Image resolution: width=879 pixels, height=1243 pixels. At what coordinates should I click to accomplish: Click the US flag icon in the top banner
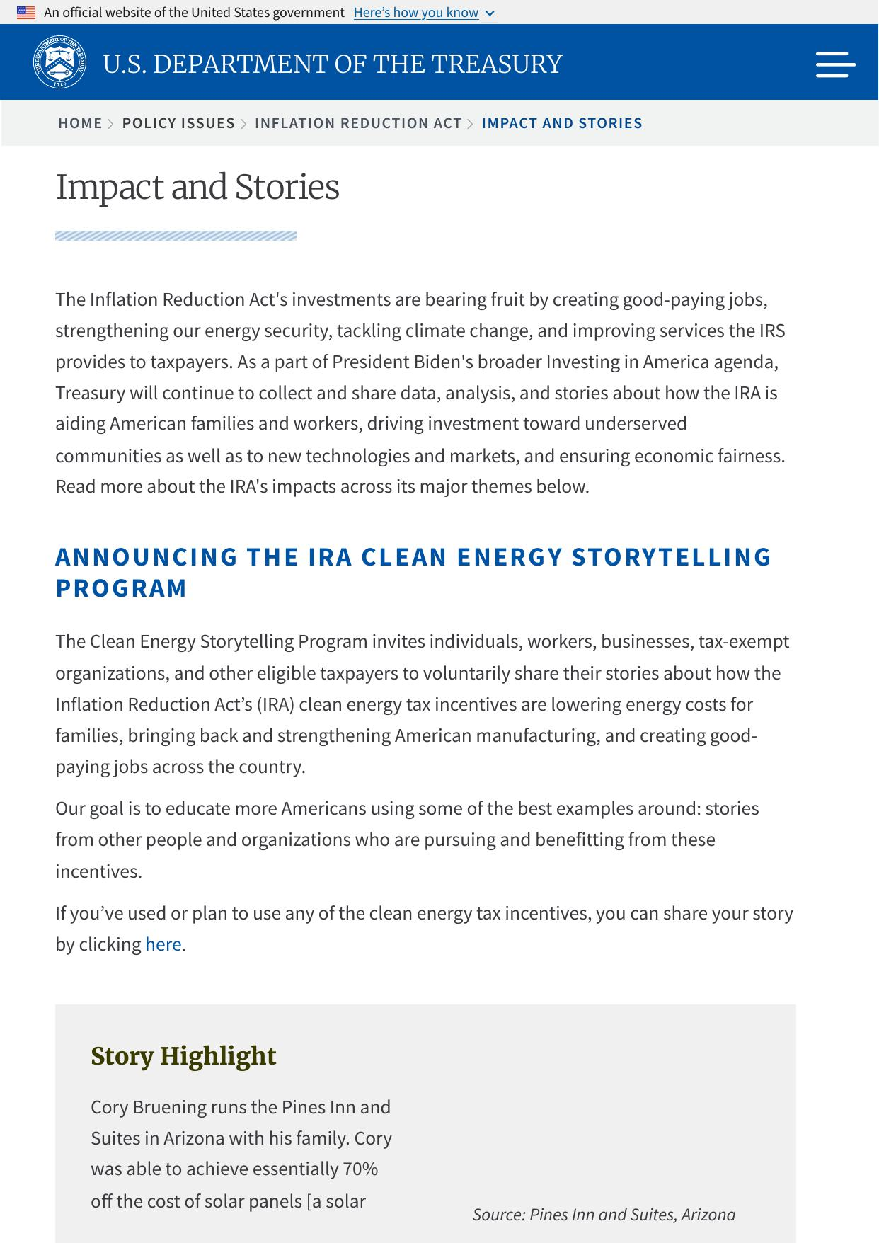[x=26, y=13]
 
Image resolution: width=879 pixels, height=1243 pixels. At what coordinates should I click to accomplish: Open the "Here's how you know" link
[x=416, y=13]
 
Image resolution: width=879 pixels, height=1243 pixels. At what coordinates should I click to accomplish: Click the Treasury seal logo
[x=60, y=62]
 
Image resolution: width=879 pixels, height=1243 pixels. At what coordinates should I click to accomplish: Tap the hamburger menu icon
[x=835, y=64]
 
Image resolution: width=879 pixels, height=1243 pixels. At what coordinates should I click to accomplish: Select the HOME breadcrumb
[x=80, y=123]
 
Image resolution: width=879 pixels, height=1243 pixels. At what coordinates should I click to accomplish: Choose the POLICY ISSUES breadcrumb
[x=178, y=123]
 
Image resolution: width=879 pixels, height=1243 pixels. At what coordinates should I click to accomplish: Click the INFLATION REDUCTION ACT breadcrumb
[x=358, y=123]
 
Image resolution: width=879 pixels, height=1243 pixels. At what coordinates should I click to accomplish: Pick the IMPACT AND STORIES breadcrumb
[x=562, y=123]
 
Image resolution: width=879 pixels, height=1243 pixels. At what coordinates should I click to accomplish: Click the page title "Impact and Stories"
[x=197, y=187]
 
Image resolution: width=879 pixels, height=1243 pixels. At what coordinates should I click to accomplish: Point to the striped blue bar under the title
[x=176, y=236]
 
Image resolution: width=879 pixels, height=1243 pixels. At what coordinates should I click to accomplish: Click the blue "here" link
[x=163, y=944]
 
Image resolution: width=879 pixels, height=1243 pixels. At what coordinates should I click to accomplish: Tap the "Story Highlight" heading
[x=183, y=1055]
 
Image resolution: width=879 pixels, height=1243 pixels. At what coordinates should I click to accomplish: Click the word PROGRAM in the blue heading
[x=121, y=588]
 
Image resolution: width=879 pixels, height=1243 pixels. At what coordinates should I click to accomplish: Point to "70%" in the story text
[x=360, y=1169]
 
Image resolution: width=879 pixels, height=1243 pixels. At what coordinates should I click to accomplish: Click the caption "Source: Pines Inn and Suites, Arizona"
[x=604, y=1215]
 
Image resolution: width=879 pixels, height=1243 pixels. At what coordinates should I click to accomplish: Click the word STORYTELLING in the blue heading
[x=671, y=557]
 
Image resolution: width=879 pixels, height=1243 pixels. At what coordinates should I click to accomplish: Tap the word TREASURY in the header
[x=496, y=64]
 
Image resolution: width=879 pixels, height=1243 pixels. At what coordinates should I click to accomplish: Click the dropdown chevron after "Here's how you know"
[x=490, y=13]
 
